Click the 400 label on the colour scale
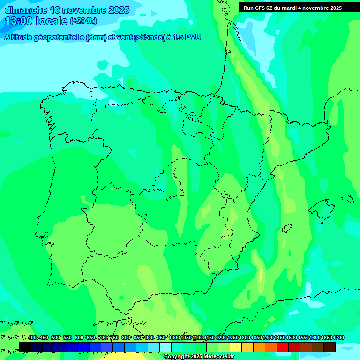click(32, 337)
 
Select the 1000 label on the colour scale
click(174, 337)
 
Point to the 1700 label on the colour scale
click(338, 337)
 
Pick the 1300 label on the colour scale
click(245, 337)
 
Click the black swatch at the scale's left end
click(25, 347)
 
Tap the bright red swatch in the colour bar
click(283, 347)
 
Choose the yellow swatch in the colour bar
click(236, 347)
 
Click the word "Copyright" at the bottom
click(177, 357)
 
